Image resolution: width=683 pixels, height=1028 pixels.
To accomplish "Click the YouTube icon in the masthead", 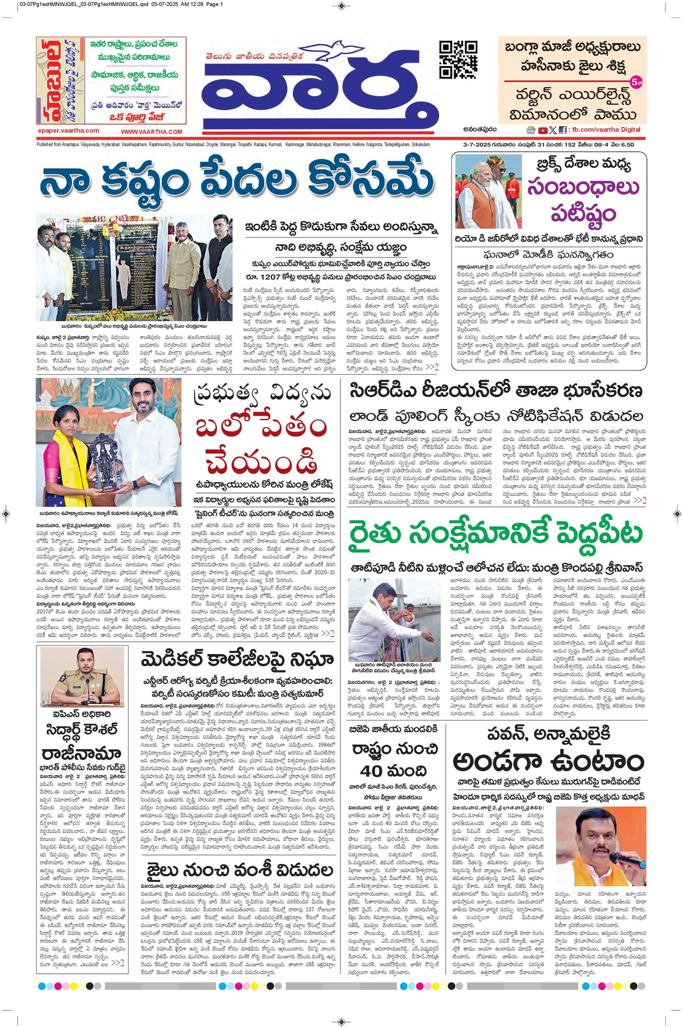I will pos(542,130).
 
